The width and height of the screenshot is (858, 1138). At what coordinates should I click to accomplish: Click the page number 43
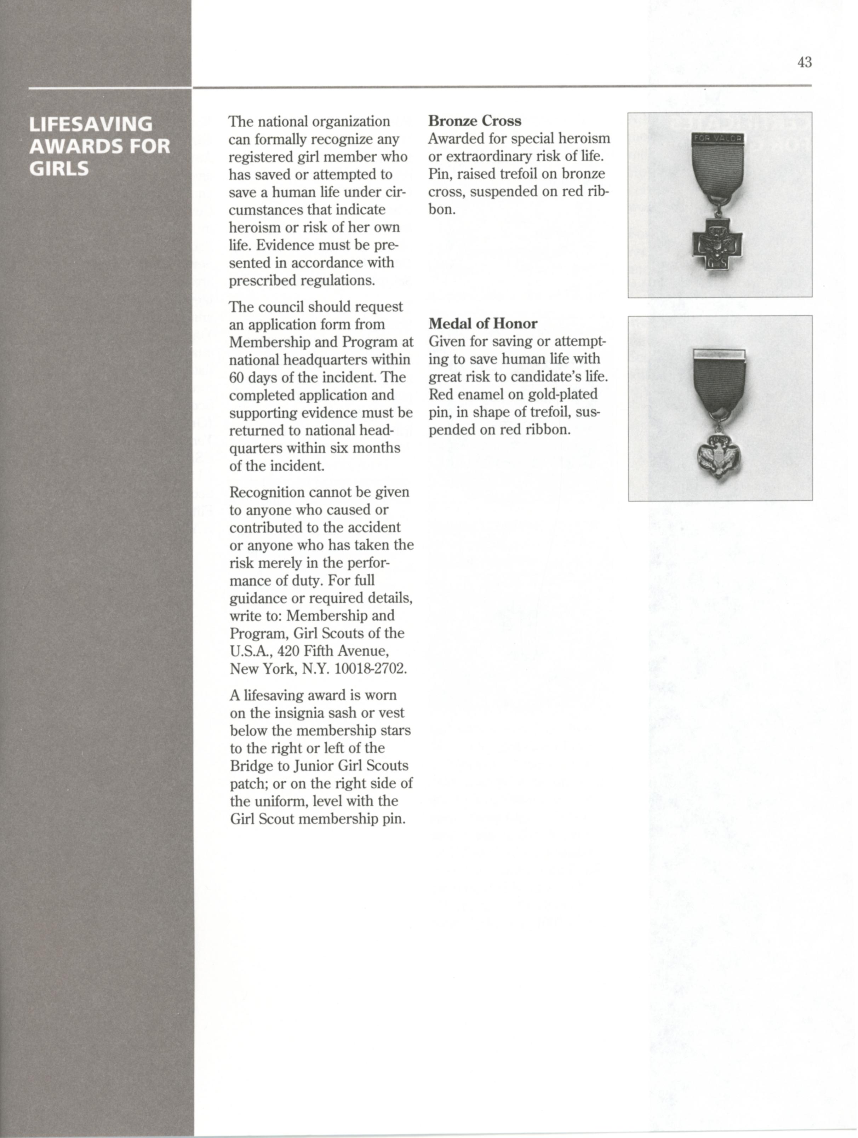click(x=804, y=62)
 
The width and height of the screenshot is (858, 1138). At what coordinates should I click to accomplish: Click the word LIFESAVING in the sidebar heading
click(x=91, y=125)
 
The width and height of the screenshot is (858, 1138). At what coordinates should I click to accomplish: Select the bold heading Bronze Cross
click(x=475, y=121)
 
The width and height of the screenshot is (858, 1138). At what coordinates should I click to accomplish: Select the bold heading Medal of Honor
click(x=483, y=323)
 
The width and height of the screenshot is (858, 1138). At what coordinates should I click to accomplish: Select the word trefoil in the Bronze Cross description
click(x=517, y=174)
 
